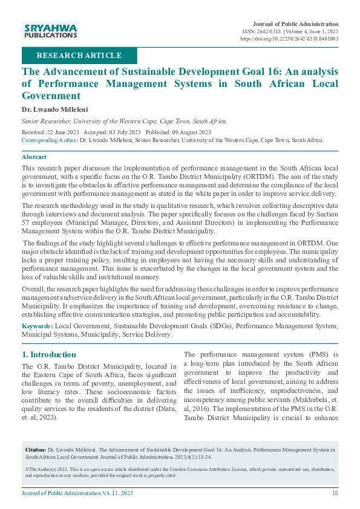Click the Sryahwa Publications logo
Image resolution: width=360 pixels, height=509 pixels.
pos(50,31)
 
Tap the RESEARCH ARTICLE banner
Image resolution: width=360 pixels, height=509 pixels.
pos(79,56)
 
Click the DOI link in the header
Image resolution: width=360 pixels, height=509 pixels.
pos(289,38)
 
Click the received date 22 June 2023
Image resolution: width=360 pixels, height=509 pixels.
pos(61,132)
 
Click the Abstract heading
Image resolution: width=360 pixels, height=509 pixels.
pos(34,157)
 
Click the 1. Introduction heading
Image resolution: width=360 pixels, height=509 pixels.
pos(48,354)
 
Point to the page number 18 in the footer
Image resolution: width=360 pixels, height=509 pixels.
pos(335,494)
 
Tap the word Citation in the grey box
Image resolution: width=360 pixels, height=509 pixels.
pos(36,450)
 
